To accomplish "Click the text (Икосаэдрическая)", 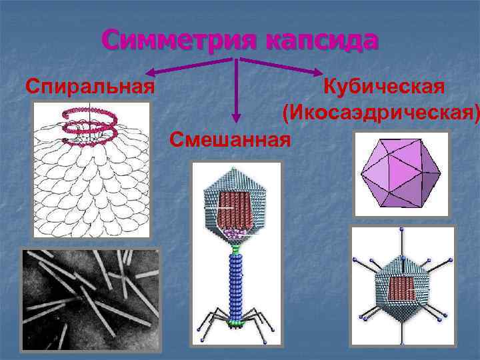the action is click(381, 113).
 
